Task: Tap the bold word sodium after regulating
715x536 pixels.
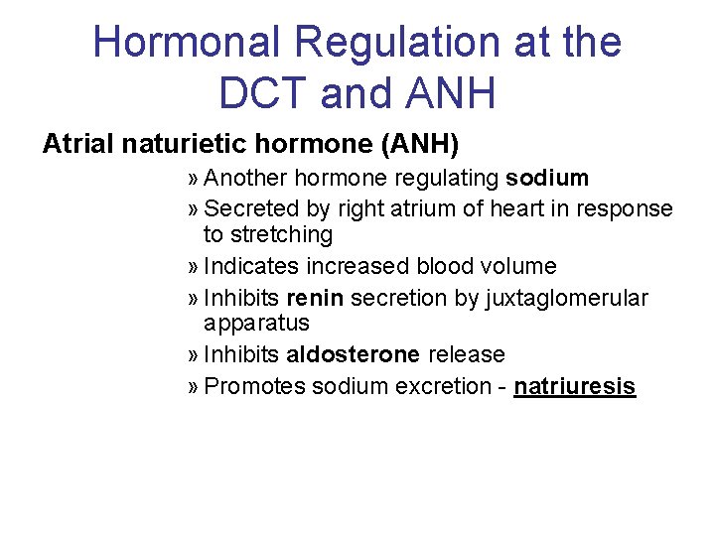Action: [547, 179]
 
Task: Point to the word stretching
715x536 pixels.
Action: [268, 235]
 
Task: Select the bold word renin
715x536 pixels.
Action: [316, 298]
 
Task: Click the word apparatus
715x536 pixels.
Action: [256, 324]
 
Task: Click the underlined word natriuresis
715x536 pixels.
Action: [574, 386]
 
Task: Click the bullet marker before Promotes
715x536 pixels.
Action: [193, 386]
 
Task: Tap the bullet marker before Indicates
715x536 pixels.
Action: [193, 267]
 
